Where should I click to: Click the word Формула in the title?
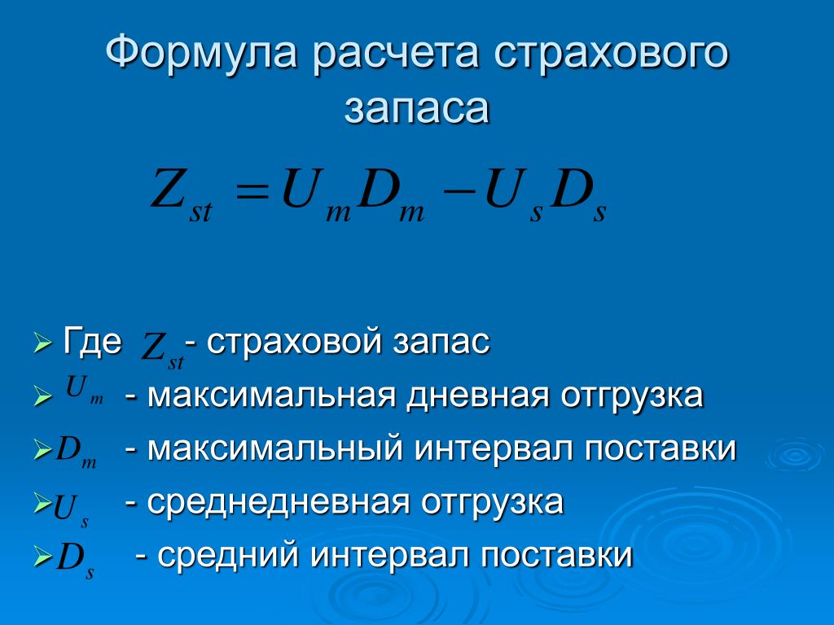[202, 53]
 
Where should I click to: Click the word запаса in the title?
[416, 109]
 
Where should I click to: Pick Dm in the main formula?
[391, 194]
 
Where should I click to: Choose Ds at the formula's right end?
[577, 194]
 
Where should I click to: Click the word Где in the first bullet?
[92, 342]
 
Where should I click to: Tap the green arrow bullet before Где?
[42, 343]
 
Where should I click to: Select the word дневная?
[477, 396]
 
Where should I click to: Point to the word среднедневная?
[279, 503]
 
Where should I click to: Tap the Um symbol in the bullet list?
[84, 390]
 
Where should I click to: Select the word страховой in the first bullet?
[293, 342]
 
